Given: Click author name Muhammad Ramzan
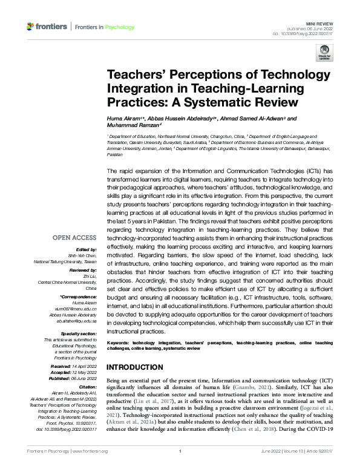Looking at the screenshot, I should click(133, 127).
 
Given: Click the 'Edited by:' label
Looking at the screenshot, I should click(86, 250).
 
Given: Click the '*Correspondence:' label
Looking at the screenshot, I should click(79, 296).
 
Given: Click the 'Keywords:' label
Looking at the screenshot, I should click(121, 342).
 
